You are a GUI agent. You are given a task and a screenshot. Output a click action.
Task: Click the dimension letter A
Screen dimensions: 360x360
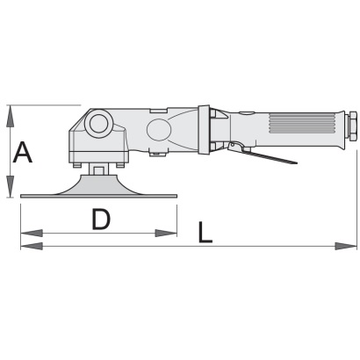tap(23, 152)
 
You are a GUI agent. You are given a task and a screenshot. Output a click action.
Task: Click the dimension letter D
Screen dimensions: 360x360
tap(101, 219)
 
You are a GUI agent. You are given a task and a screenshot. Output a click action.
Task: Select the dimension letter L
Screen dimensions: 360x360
tap(205, 233)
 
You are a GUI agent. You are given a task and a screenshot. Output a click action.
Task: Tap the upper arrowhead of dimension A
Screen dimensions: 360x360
tap(11, 116)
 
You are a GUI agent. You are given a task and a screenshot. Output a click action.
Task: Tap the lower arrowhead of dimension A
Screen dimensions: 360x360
tap(11, 186)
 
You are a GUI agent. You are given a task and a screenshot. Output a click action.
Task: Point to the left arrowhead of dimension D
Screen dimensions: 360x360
tap(32, 234)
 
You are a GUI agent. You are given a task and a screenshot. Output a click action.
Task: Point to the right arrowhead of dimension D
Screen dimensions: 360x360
tap(166, 234)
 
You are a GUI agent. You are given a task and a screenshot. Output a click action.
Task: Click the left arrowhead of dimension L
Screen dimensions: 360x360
tap(32, 246)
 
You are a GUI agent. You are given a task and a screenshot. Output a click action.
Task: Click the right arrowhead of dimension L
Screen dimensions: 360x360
tap(346, 246)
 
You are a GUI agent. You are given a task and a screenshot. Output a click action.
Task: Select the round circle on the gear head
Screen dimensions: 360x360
tap(97, 124)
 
